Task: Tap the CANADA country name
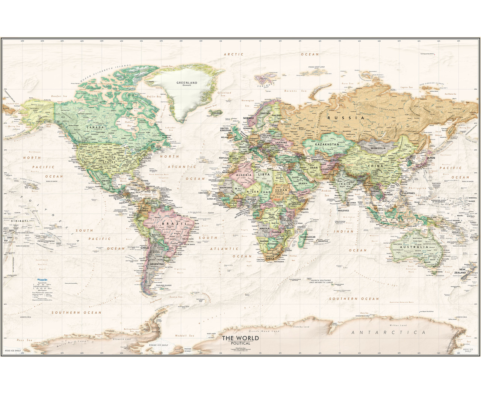(95, 127)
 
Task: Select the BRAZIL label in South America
(169, 224)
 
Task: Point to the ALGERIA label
(244, 175)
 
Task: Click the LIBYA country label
(264, 174)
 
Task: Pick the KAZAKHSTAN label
(327, 144)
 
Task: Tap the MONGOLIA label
(376, 148)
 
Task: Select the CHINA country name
(376, 165)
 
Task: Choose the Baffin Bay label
(154, 96)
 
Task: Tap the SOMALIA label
(303, 209)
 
